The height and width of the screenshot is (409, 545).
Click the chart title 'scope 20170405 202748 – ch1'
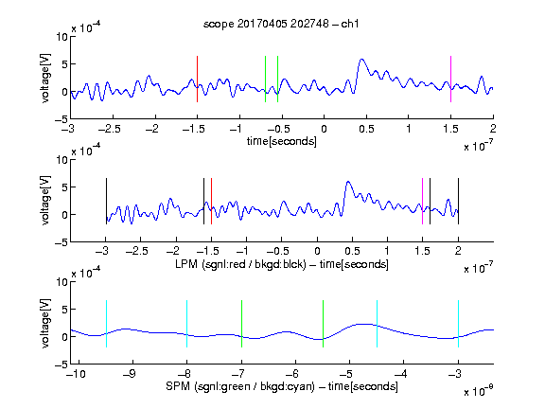tap(281, 24)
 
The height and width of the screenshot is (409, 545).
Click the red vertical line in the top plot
tap(197, 79)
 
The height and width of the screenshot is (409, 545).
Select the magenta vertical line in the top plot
tap(450, 79)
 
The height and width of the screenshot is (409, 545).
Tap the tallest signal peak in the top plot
tap(361, 60)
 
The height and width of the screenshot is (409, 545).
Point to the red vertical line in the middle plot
tap(211, 201)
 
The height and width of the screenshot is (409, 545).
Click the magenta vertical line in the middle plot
tap(422, 201)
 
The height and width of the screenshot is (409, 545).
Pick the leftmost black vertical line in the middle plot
tap(106, 201)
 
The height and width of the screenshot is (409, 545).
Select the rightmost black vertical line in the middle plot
tap(458, 201)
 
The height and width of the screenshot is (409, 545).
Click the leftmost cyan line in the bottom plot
tap(106, 324)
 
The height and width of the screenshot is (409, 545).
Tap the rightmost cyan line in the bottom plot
tap(458, 324)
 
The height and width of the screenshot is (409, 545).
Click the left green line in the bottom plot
tap(241, 324)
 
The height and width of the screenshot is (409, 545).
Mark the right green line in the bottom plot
tap(323, 324)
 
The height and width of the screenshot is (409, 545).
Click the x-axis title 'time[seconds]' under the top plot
tap(282, 142)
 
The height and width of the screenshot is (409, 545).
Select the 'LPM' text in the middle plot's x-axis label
tap(186, 264)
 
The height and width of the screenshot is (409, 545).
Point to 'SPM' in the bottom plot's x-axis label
tap(178, 386)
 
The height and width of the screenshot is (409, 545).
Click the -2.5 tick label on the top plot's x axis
tap(109, 129)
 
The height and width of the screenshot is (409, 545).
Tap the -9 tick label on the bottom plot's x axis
tap(130, 374)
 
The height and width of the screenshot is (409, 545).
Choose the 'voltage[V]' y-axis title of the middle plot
tap(45, 201)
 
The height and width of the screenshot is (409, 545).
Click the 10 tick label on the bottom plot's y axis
tap(62, 281)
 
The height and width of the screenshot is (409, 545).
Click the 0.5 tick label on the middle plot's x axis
tap(352, 251)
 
